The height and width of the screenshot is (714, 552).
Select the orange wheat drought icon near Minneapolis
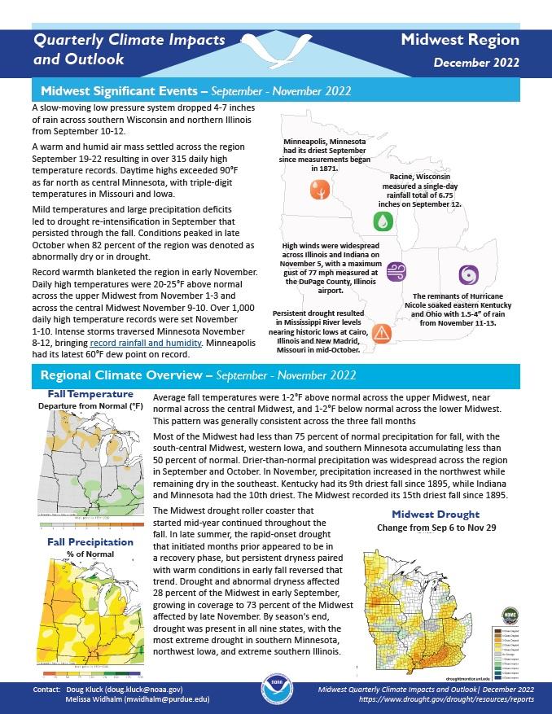318,191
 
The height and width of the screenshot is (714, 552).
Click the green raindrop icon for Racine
382,220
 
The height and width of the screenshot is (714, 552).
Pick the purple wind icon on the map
396,271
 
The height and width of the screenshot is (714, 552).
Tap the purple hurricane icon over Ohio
468,274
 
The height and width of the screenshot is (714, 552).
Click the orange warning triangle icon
381,331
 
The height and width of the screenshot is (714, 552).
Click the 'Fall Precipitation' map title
90,541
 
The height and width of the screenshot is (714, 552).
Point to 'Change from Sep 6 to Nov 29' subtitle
436,528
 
